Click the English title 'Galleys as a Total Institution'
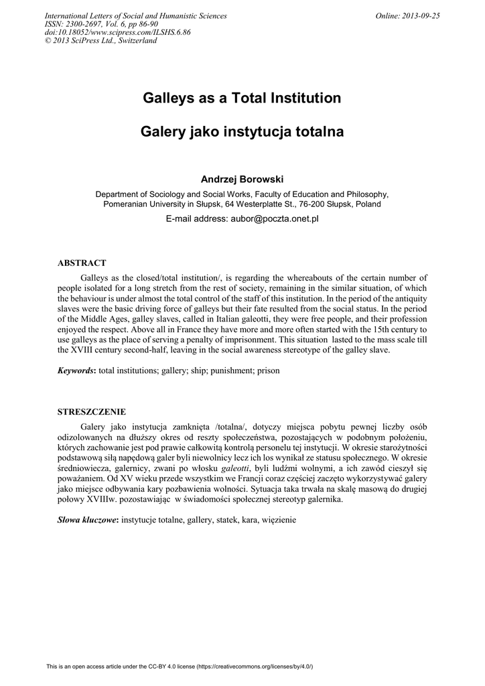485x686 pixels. [242, 98]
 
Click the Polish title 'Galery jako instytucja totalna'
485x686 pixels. [242, 132]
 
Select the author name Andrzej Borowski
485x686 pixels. [242, 180]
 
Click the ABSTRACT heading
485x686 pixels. [82, 263]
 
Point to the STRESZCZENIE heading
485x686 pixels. [92, 411]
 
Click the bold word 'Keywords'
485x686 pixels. [76, 370]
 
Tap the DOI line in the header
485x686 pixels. [117, 32]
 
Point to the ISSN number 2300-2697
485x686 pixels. [91, 24]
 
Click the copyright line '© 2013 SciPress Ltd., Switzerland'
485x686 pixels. [100, 40]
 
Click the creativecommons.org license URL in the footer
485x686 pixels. [255, 667]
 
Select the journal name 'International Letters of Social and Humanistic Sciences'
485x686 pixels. [135, 16]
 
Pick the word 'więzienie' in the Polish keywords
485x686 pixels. [279, 520]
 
